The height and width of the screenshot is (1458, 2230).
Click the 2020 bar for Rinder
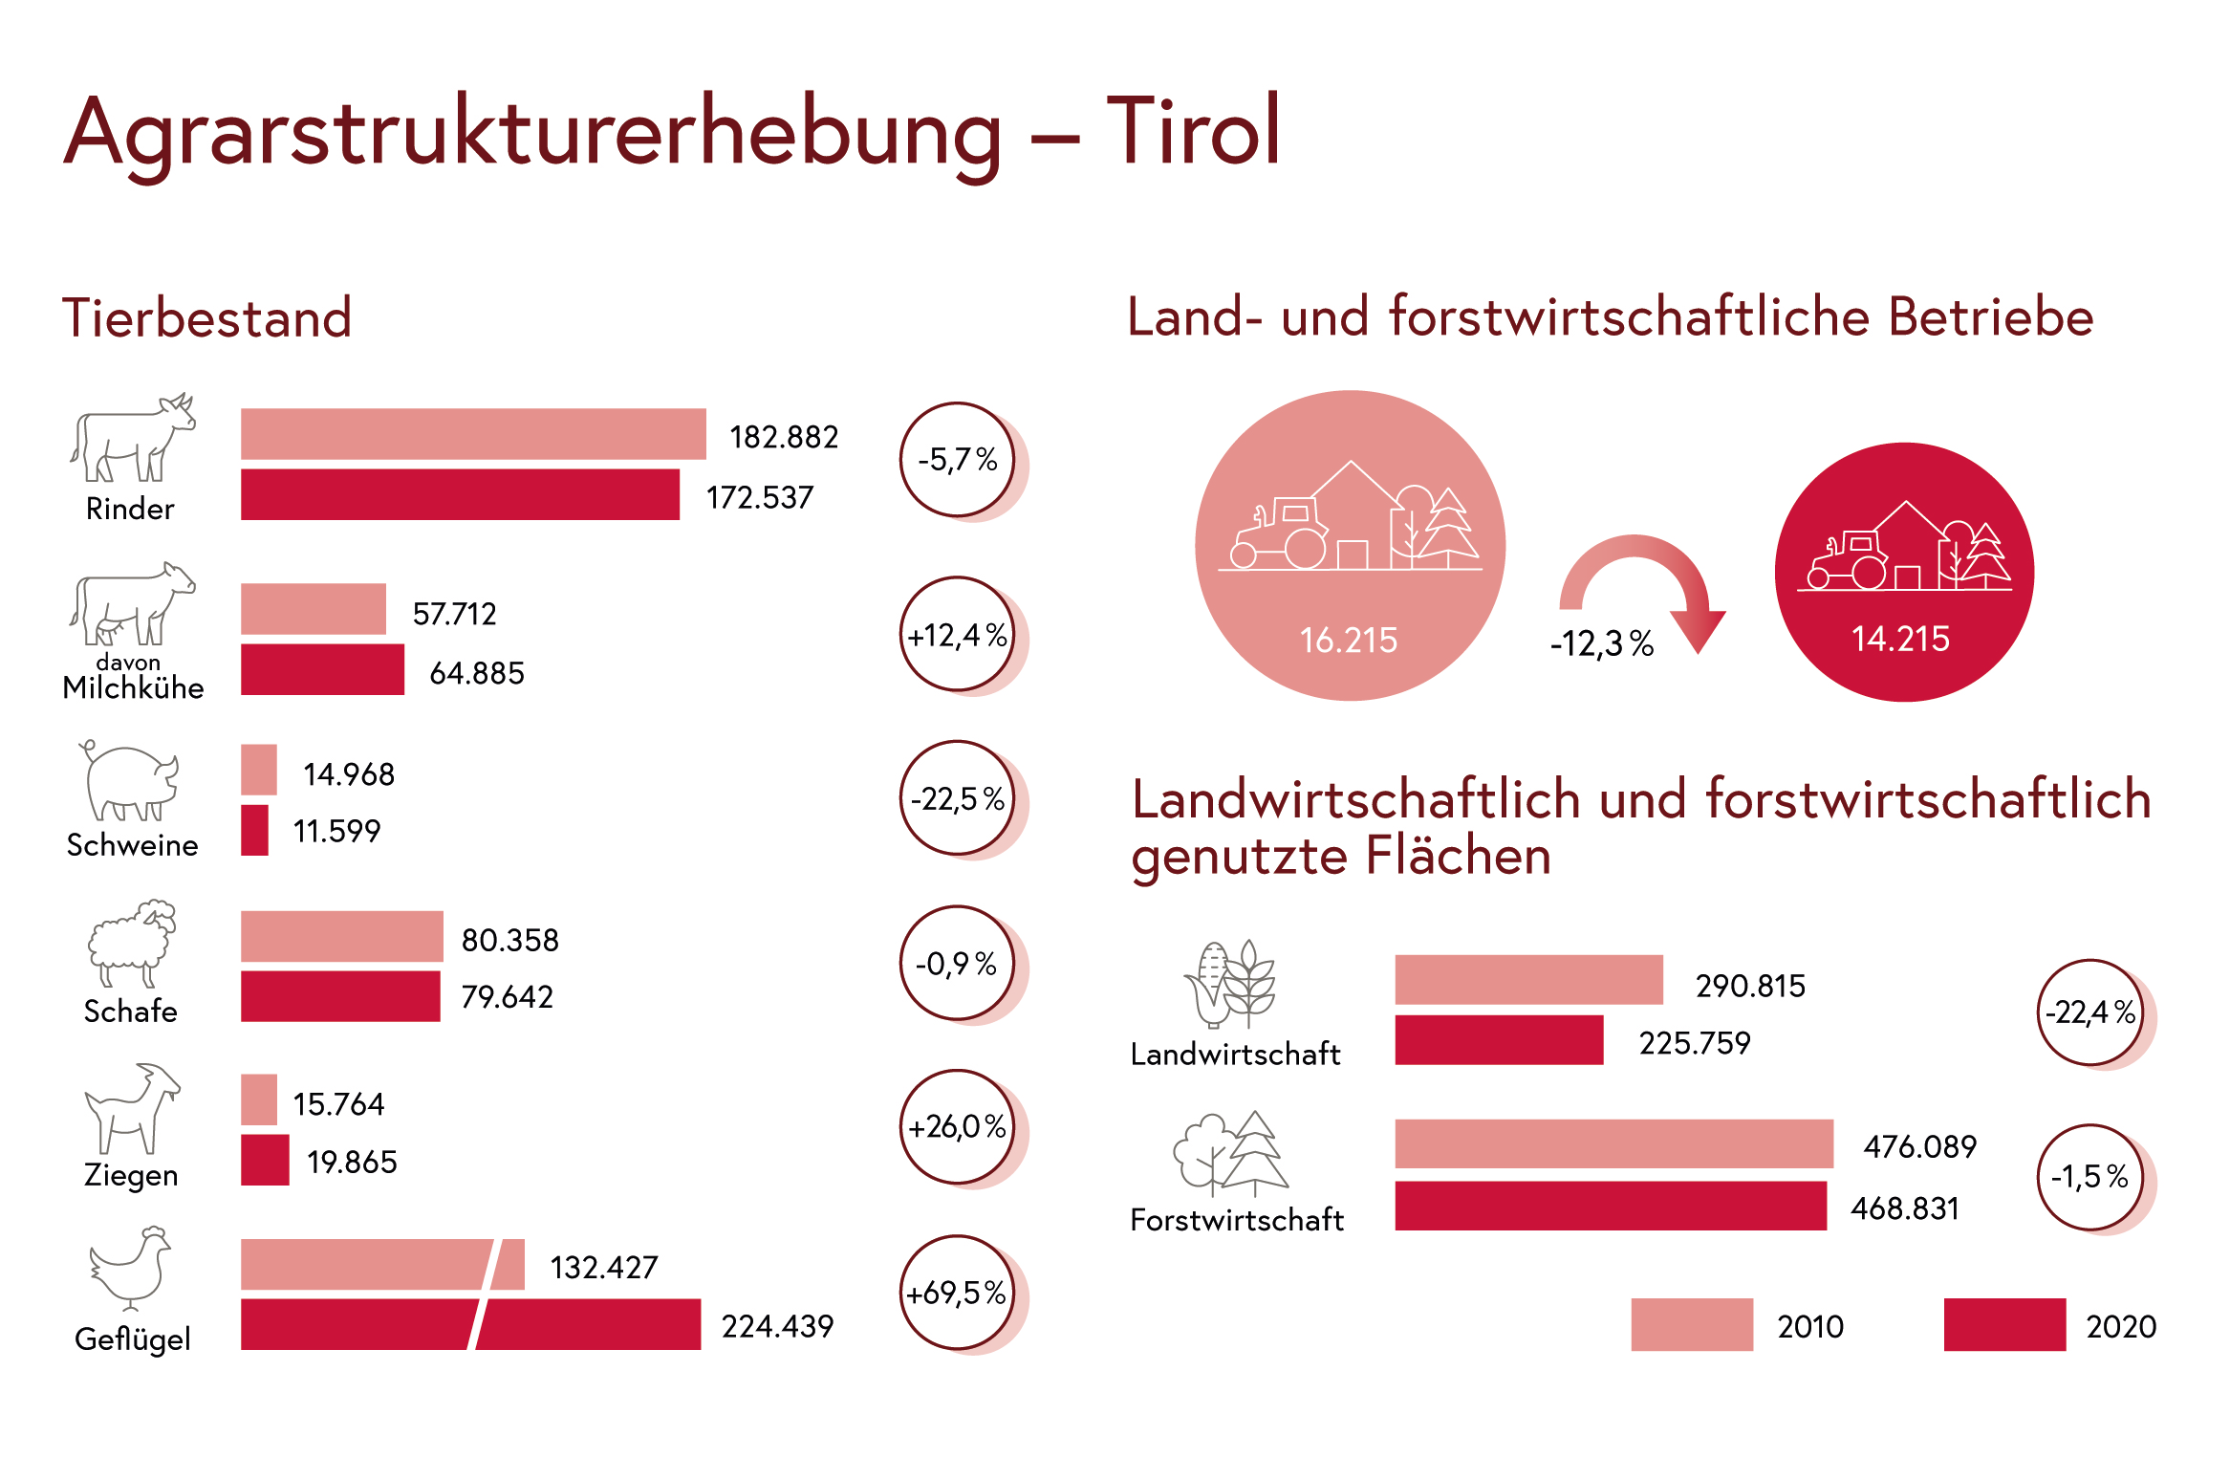click(460, 494)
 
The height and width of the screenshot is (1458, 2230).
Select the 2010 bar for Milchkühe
click(314, 609)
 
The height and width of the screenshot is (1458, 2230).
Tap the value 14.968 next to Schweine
click(349, 773)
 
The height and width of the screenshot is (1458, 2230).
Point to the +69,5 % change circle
click(957, 1293)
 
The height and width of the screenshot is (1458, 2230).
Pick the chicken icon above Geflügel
click(131, 1268)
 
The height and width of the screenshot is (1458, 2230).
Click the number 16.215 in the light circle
click(1349, 640)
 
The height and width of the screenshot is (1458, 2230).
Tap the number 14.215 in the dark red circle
click(1900, 639)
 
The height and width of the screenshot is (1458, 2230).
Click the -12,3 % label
click(1602, 643)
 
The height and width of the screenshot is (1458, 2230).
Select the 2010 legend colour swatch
click(1692, 1324)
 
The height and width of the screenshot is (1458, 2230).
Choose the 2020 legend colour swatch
click(2004, 1324)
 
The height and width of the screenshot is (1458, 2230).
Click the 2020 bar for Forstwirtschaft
click(1611, 1206)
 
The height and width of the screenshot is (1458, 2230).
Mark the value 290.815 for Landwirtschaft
click(1750, 986)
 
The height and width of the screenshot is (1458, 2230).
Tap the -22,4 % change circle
click(2090, 1012)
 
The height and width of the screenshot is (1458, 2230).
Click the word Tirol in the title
click(1193, 131)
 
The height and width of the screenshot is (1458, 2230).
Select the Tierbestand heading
click(207, 317)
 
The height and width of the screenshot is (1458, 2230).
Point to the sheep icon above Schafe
click(132, 943)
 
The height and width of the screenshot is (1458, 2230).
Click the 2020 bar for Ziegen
click(265, 1160)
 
